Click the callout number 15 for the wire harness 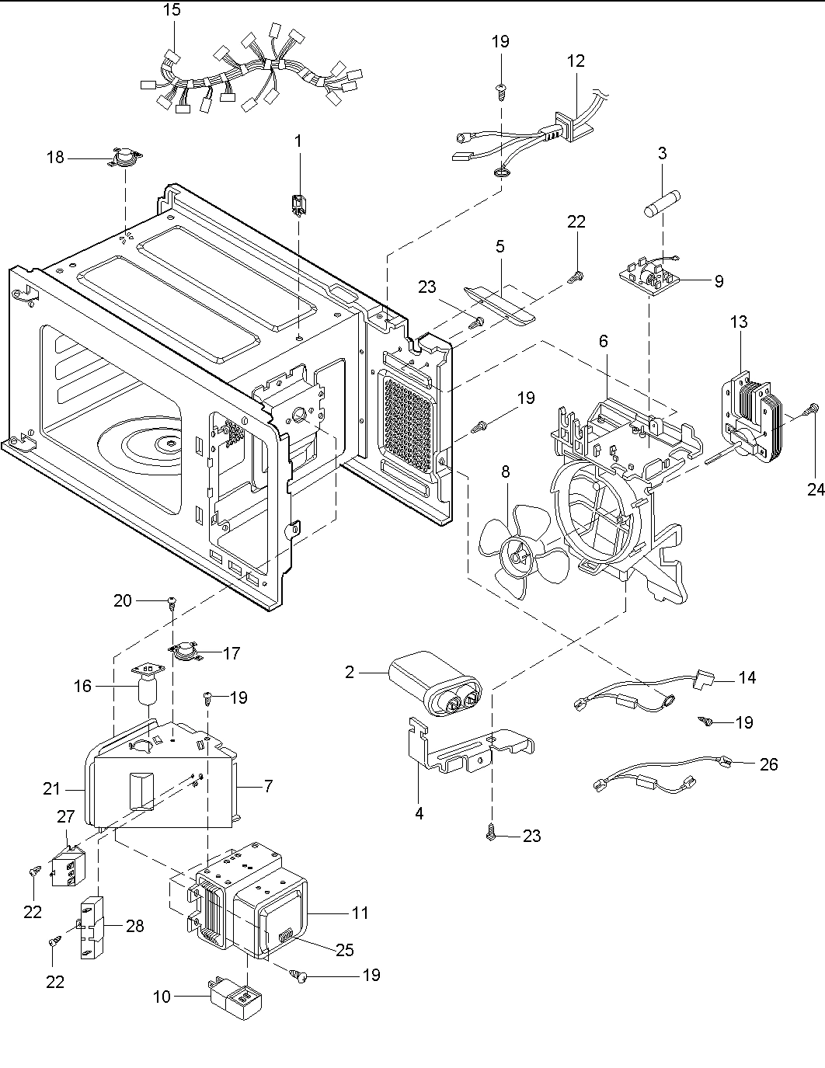(172, 10)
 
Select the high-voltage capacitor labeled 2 (436, 683)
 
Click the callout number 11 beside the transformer (360, 913)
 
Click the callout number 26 (768, 764)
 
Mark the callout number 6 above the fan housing (603, 341)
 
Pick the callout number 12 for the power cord (576, 61)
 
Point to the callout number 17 (231, 653)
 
